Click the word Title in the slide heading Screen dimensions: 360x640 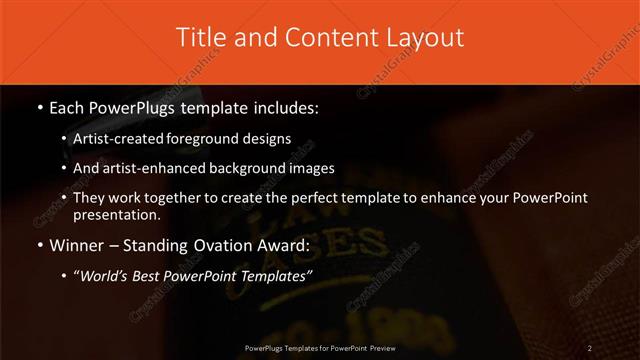[x=198, y=38]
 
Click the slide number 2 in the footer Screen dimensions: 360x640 [x=590, y=348]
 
